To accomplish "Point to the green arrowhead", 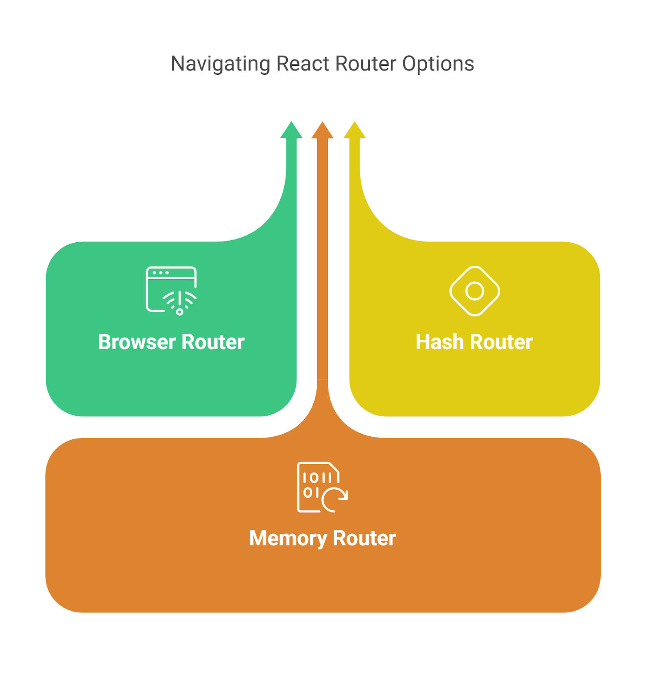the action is tap(291, 130).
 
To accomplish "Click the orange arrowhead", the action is tap(322, 130).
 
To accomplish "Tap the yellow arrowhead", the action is tap(355, 130).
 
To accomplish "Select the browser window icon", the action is tap(171, 290).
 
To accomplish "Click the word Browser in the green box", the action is tap(137, 342).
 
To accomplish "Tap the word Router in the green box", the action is tap(213, 342).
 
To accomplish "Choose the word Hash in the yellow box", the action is tap(440, 342).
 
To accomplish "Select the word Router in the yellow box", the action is tap(502, 342).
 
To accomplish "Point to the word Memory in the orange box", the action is tap(288, 539).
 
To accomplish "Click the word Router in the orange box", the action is tap(365, 538).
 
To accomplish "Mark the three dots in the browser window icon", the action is tap(160, 273).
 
